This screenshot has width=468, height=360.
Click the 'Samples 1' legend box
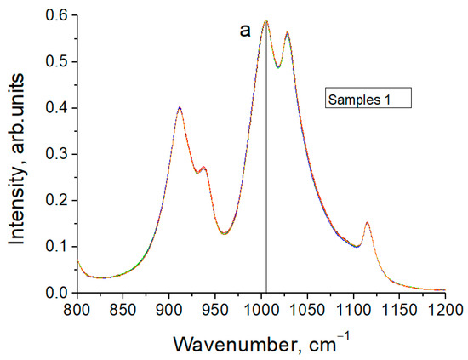(368, 98)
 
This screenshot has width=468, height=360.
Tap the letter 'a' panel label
(244, 31)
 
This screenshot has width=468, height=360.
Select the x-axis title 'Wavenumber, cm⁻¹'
(261, 344)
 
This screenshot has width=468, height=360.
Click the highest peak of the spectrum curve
(265, 20)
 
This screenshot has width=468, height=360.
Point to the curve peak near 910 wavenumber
(180, 107)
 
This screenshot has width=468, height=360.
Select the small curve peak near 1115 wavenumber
(367, 223)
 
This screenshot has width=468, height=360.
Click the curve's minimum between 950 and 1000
(225, 233)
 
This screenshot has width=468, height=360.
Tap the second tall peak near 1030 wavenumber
(288, 33)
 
